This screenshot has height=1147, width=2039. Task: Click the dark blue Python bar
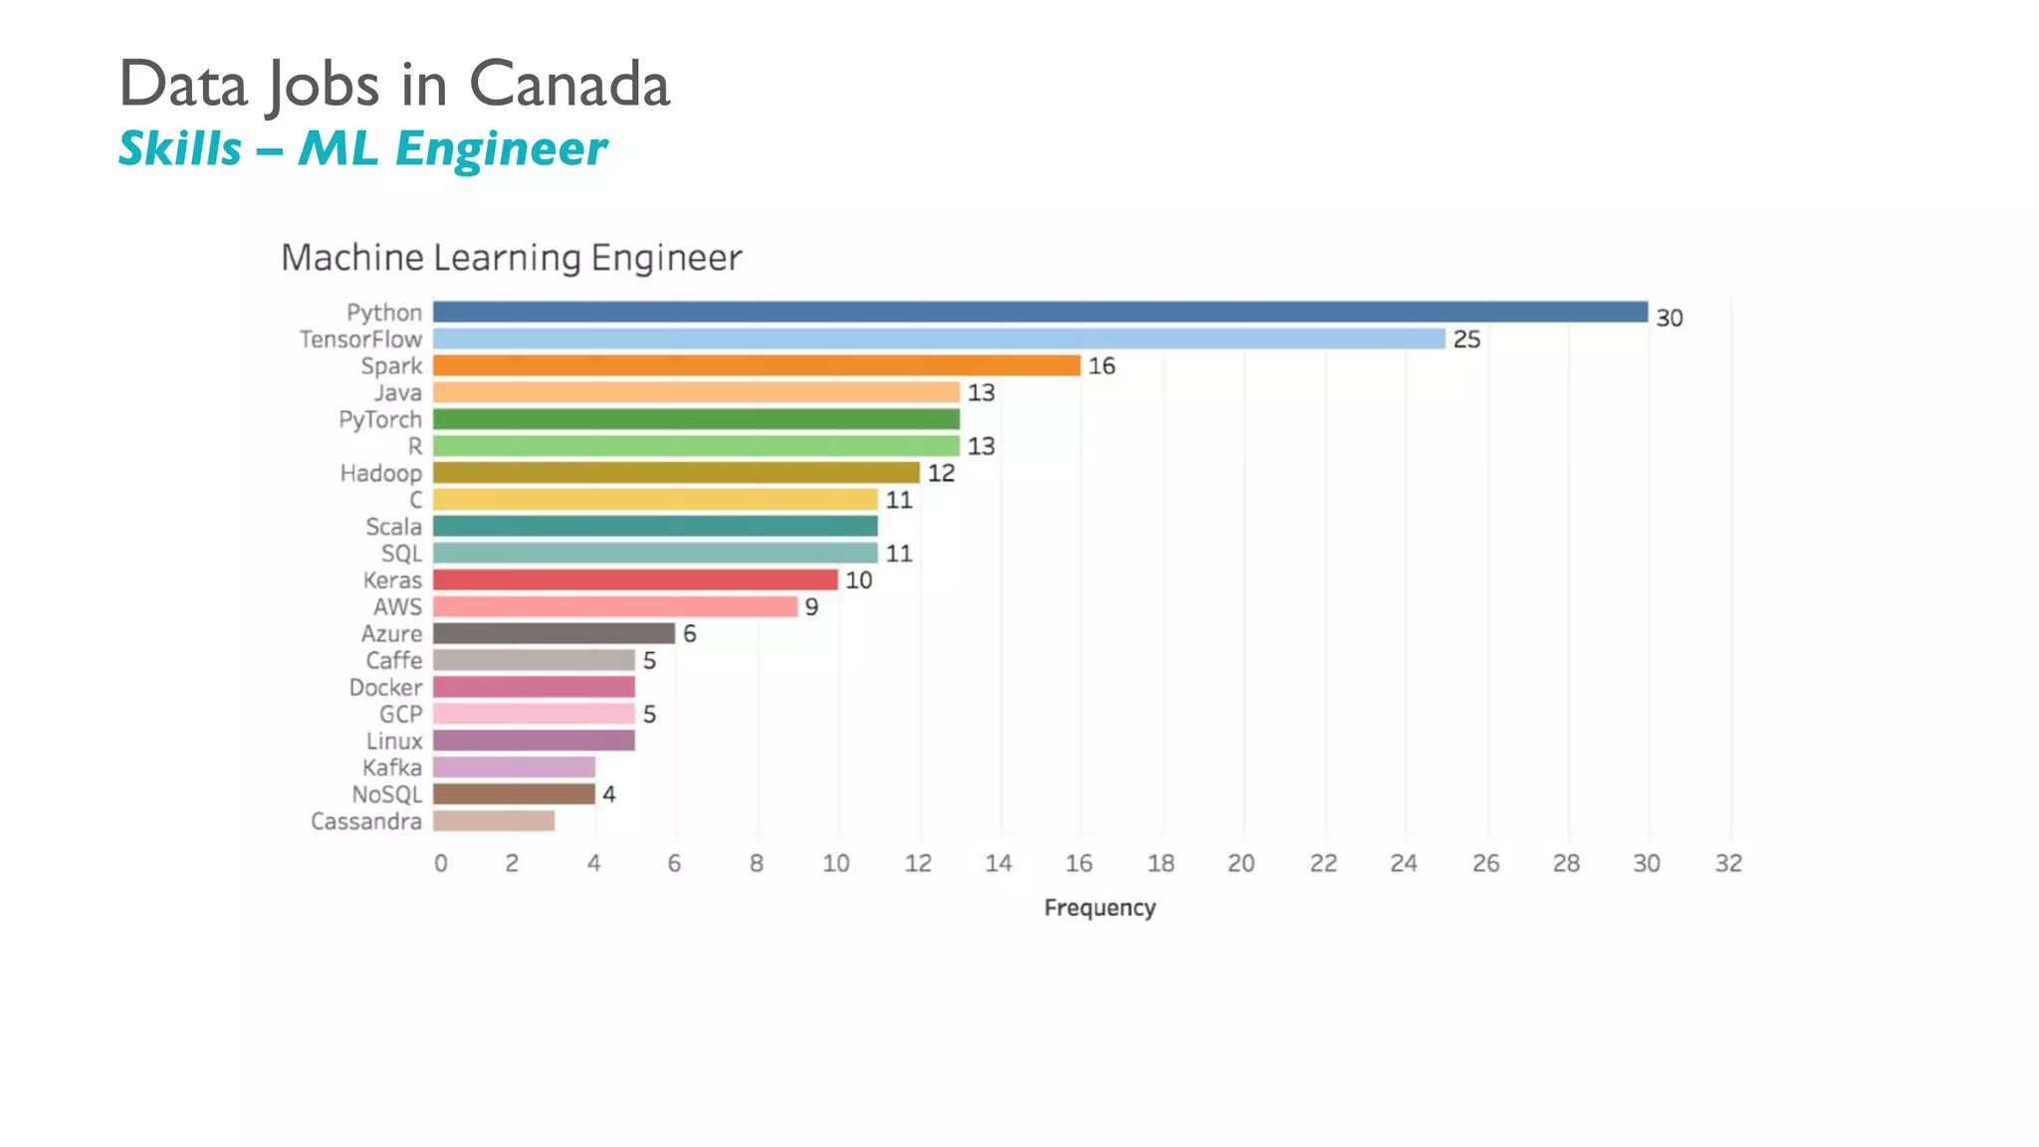[1040, 312]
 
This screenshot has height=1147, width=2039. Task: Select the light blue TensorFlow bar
[939, 339]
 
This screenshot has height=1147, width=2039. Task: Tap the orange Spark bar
[757, 365]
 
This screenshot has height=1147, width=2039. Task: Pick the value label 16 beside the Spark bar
[1101, 366]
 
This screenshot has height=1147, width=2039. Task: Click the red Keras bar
[635, 579]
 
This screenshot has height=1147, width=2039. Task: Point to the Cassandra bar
[494, 820]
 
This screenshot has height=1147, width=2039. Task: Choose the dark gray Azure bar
[554, 633]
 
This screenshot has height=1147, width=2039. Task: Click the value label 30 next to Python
[1669, 318]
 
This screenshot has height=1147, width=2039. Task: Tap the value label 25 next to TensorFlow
[1466, 340]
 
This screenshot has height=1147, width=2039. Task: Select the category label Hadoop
[380, 473]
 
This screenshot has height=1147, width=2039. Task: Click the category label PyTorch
[379, 419]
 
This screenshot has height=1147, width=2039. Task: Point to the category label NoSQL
[386, 795]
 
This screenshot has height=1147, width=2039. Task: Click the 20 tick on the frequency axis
[1241, 863]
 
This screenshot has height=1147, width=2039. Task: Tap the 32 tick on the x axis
[1728, 863]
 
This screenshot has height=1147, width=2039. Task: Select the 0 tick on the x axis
[441, 863]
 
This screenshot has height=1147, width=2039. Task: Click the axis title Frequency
[1099, 908]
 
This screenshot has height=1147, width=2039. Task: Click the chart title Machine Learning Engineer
[511, 258]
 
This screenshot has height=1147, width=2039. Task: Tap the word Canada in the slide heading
[569, 84]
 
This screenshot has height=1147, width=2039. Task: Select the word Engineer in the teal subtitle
[501, 149]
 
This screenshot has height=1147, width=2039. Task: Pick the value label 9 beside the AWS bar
[811, 607]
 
